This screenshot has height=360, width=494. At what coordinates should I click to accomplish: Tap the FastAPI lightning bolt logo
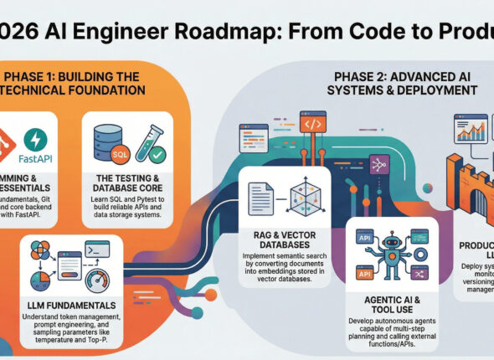[35, 139]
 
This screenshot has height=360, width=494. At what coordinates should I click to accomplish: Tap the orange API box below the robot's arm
[362, 273]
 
